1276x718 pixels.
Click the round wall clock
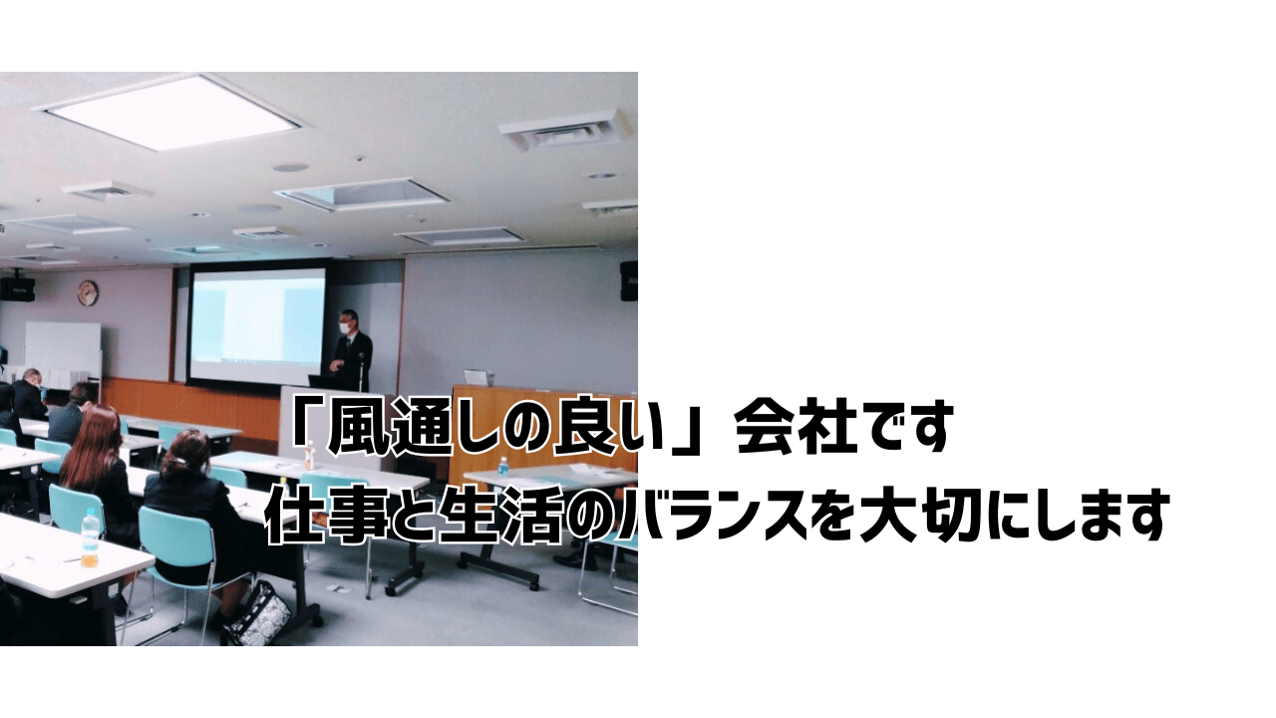pos(88,292)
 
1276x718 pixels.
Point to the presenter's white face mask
pos(345,328)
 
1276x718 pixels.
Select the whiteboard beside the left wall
pos(63,349)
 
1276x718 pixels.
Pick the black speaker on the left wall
pos(17,289)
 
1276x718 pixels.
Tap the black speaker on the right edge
pos(629,280)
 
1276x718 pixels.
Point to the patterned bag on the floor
pos(258,613)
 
